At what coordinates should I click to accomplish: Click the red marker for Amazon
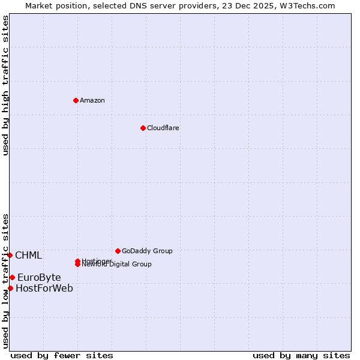76,100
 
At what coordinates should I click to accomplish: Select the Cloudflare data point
143,128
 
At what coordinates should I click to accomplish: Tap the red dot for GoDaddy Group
118,251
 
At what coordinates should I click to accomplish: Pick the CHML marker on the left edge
10,255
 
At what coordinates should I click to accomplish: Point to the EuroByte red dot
12,277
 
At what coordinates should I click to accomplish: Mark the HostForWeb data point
10,288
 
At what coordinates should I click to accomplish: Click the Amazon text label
92,100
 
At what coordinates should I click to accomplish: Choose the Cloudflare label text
163,128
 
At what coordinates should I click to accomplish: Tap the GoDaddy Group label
147,251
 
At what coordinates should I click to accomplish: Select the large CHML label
28,256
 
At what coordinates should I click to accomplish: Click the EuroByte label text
39,277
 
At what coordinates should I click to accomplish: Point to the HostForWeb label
44,289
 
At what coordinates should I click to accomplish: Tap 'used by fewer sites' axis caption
62,355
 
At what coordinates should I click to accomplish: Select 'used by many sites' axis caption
301,355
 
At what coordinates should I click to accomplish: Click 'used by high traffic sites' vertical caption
6,85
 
